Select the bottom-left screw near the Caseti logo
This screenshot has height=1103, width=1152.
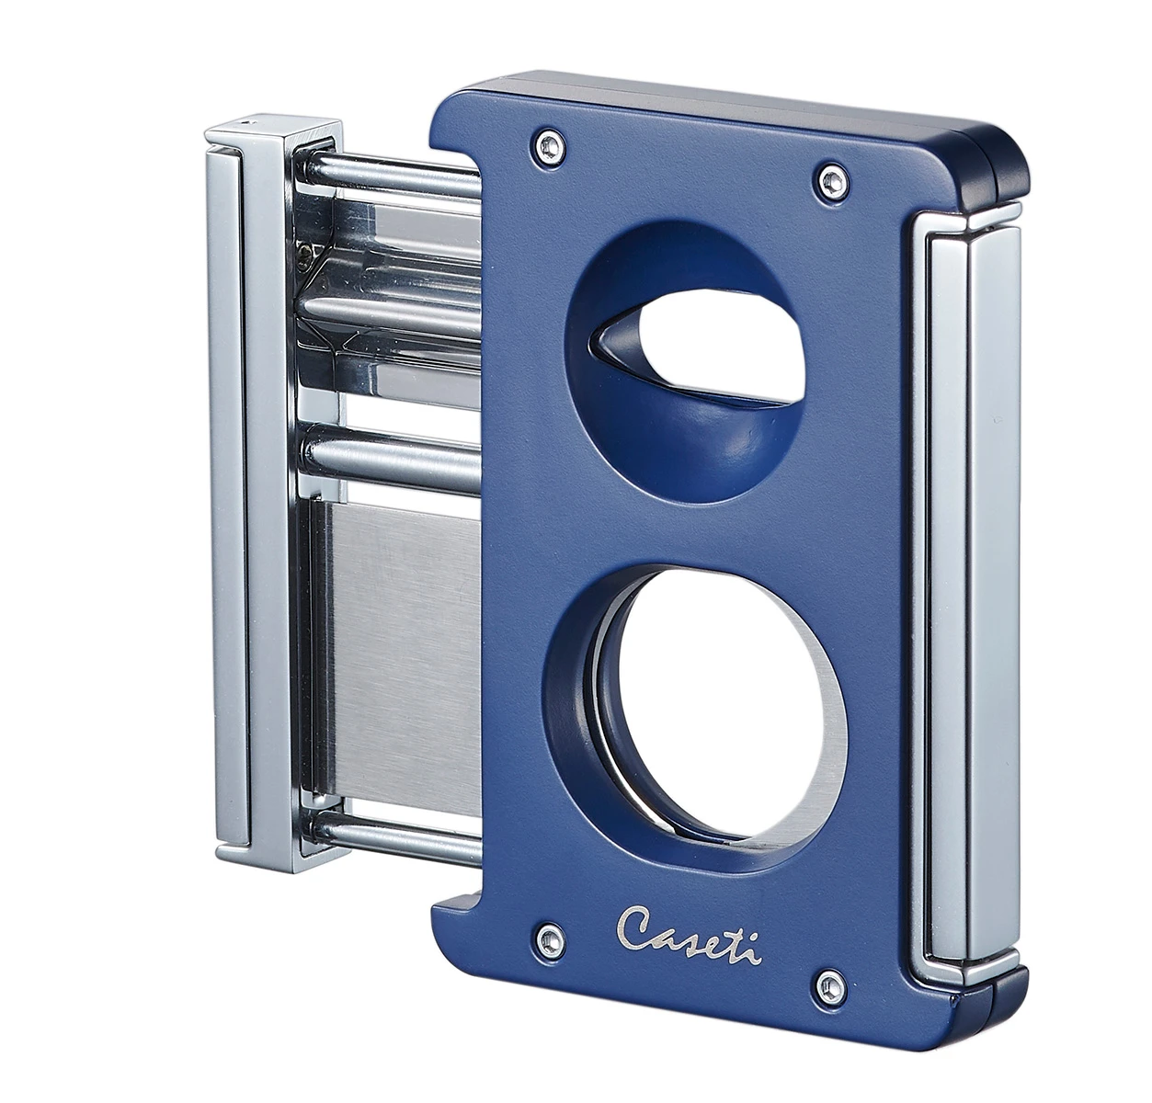[x=547, y=938]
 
